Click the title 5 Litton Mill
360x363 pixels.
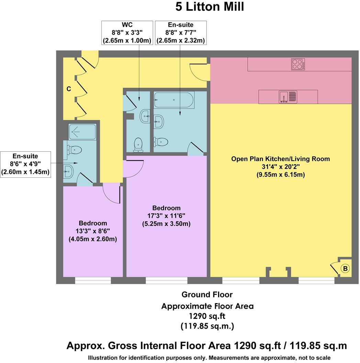[210, 7]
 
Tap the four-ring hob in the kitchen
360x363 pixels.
[298, 64]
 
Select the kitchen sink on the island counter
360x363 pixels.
[288, 97]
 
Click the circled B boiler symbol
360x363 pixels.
[345, 268]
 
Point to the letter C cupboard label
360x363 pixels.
[69, 89]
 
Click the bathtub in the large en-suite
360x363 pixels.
[174, 100]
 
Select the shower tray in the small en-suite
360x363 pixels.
[82, 132]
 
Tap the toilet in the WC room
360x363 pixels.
[138, 145]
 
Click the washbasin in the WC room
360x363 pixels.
[145, 116]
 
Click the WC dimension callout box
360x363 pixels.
[127, 33]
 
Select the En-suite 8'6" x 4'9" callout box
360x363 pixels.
[25, 164]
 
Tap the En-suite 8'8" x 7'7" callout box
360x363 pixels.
[180, 33]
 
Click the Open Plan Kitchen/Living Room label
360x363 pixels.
[280, 159]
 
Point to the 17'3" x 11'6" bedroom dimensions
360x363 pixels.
[166, 216]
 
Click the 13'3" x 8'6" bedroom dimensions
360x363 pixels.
[93, 231]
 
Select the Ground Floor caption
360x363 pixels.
[207, 295]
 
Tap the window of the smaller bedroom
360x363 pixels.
[93, 280]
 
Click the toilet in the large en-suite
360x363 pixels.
[161, 141]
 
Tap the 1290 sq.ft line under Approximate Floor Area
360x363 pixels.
[207, 316]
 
